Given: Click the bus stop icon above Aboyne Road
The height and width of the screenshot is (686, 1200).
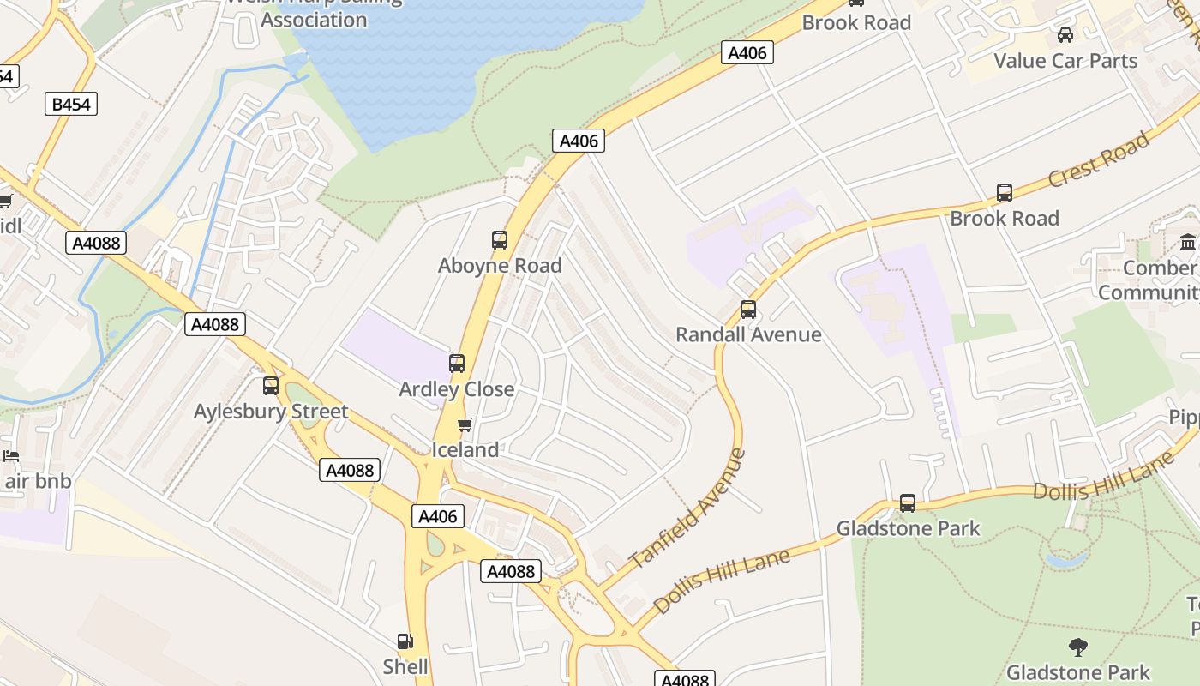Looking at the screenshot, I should point(500,240).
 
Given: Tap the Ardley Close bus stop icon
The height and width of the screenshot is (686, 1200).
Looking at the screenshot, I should point(457,364).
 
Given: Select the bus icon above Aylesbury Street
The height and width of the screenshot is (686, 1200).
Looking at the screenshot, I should point(271,386).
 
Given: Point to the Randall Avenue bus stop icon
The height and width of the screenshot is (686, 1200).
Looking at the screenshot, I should point(748,310).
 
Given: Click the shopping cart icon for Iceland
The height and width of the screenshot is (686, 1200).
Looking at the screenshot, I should point(465,424).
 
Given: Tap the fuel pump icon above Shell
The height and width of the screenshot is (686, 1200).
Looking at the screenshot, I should point(405,641).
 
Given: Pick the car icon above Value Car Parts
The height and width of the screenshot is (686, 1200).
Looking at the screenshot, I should point(1065,35).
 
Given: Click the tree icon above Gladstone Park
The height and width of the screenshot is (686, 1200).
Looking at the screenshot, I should point(1078,647).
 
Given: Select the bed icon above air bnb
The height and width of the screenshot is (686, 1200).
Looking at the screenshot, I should point(11,455).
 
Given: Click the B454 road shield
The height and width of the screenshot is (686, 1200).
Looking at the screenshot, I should point(71,105).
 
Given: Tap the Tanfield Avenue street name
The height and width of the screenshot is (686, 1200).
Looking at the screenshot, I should point(687,508).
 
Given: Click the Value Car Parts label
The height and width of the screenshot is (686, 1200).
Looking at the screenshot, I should point(1065,61).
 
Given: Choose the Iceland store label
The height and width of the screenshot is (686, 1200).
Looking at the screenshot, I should point(465,450).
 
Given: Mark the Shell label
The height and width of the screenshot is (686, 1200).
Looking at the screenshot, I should point(405,666).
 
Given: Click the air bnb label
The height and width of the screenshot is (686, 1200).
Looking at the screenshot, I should point(38,481).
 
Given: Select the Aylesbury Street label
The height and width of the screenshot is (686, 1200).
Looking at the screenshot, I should point(271,412).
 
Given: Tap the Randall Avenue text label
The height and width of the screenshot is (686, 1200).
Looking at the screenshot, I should point(748,334).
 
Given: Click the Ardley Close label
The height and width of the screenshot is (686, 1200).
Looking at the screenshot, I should point(457,389).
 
